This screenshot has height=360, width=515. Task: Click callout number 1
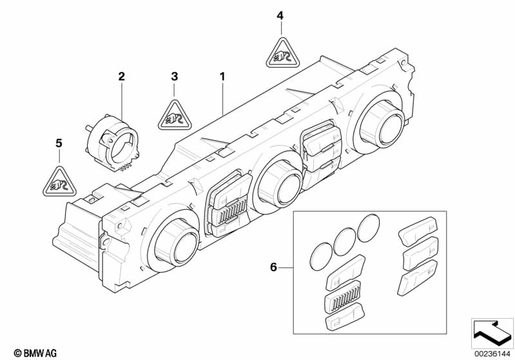coord(222,77)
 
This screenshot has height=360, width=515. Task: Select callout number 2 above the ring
coord(122,77)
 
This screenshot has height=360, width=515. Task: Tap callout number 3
coord(175,77)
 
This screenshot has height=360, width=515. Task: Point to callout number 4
coord(280,15)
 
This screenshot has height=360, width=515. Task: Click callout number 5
coord(59,144)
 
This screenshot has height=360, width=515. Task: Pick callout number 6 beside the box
coord(273,267)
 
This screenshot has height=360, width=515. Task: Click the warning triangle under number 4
coord(282,54)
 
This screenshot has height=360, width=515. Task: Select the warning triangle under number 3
coord(174,116)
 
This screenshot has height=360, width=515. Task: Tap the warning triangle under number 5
coord(59,182)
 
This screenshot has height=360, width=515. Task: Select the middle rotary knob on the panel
coord(280,184)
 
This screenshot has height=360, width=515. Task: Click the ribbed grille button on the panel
coord(230,211)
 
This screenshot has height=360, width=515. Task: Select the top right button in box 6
coord(418,231)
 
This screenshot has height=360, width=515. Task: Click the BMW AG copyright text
coord(35,353)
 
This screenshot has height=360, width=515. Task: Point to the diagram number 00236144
coord(492,354)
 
